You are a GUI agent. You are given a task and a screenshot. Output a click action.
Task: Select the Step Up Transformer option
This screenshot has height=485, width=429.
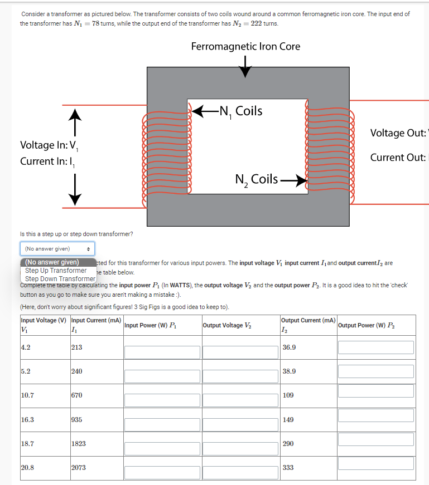pos(56,270)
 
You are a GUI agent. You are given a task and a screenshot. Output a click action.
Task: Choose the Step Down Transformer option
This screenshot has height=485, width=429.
pos(60,278)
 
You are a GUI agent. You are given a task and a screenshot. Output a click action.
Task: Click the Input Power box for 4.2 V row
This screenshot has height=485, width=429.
pos(162,352)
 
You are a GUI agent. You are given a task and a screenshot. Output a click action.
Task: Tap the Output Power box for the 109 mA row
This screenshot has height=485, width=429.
pos(376,391)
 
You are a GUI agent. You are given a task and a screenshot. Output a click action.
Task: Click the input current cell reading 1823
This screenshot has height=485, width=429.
pos(79,444)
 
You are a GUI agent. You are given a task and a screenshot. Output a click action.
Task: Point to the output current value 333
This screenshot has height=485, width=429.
pos(288,468)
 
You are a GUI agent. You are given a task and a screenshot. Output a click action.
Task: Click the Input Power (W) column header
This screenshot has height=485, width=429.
pos(151,325)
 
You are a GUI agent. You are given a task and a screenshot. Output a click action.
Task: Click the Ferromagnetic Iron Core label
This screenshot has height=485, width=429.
pos(245,46)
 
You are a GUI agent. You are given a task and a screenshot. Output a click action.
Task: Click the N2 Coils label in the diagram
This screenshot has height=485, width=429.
pos(257,179)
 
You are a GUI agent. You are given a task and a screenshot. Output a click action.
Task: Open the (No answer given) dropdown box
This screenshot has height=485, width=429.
pos(57,248)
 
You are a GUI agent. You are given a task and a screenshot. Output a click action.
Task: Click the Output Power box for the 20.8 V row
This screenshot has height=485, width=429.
pos(376,463)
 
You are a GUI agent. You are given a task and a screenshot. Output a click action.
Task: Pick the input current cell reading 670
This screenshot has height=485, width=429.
pos(77,395)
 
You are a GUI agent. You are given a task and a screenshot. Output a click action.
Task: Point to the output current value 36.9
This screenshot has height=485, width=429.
pos(290,347)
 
